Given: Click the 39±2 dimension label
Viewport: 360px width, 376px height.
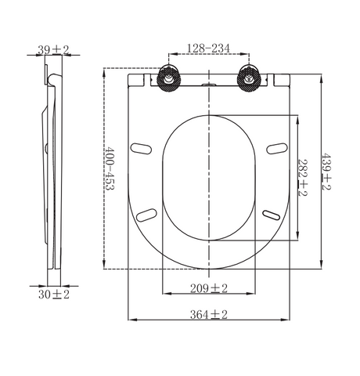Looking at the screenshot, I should coord(54,49).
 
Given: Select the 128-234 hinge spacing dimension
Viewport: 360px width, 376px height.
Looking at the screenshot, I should coord(208,49).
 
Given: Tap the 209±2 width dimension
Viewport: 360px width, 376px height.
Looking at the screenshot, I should coord(209,289).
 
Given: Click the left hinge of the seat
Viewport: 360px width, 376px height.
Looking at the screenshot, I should coord(168,78).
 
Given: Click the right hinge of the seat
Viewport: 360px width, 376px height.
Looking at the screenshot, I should coord(250,78).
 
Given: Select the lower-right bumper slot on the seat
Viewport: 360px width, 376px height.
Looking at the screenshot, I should coord(272,212).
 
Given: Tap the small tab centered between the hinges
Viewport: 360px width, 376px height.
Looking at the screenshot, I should coord(209,81).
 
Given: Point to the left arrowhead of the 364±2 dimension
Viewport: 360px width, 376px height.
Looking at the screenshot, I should coord(130,320).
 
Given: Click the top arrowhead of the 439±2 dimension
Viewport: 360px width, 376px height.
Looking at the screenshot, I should coord(322,76).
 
